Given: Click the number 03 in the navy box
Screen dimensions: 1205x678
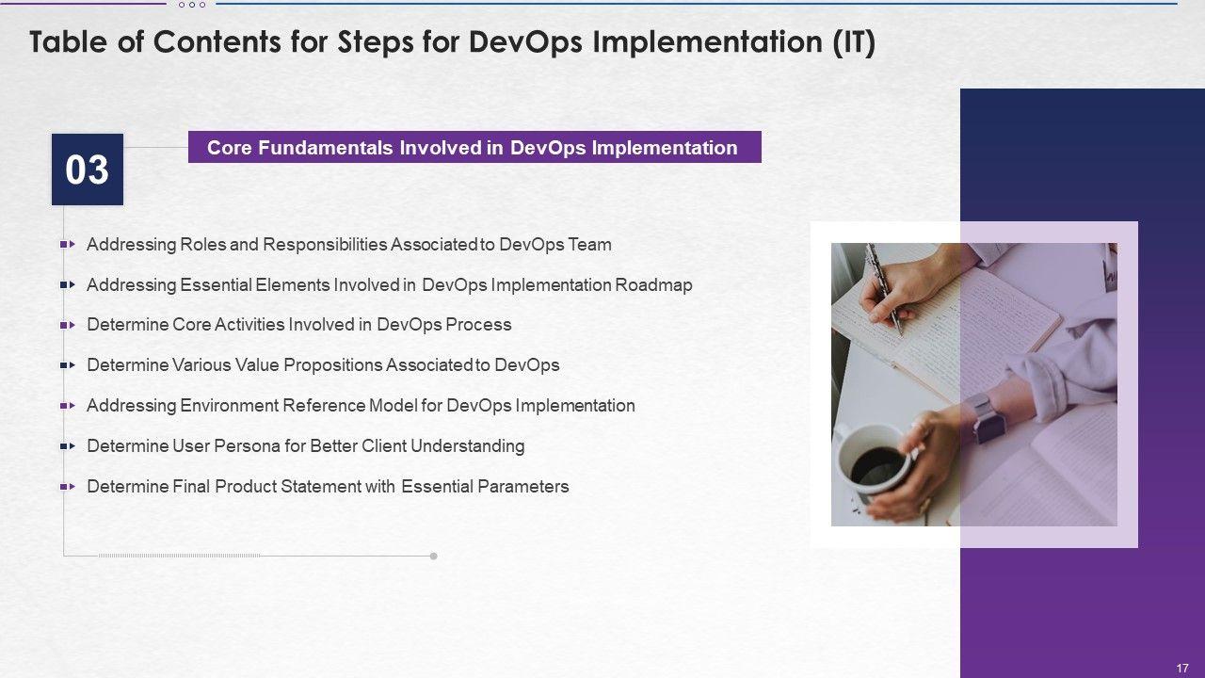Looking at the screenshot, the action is (x=88, y=170).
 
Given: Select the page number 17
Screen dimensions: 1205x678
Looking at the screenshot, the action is (x=1182, y=668).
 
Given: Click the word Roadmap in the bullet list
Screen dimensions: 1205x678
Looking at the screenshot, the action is (x=653, y=285).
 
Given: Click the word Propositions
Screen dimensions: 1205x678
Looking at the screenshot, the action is (x=332, y=365).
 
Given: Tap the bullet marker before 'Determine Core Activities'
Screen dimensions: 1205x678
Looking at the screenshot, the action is (x=68, y=325).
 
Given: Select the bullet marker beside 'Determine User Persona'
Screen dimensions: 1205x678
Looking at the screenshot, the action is (x=68, y=446).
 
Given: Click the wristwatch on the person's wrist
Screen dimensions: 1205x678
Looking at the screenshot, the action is (x=985, y=417).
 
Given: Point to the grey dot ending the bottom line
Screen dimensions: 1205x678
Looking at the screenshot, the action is (x=434, y=556).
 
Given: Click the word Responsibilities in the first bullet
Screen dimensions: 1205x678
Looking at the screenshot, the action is (x=325, y=245).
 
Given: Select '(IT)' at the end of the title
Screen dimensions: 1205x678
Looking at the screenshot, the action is (x=854, y=42).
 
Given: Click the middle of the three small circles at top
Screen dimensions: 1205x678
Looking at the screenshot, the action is (x=192, y=5).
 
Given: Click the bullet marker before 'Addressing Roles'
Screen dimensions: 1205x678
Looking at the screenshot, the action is (x=68, y=244).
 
